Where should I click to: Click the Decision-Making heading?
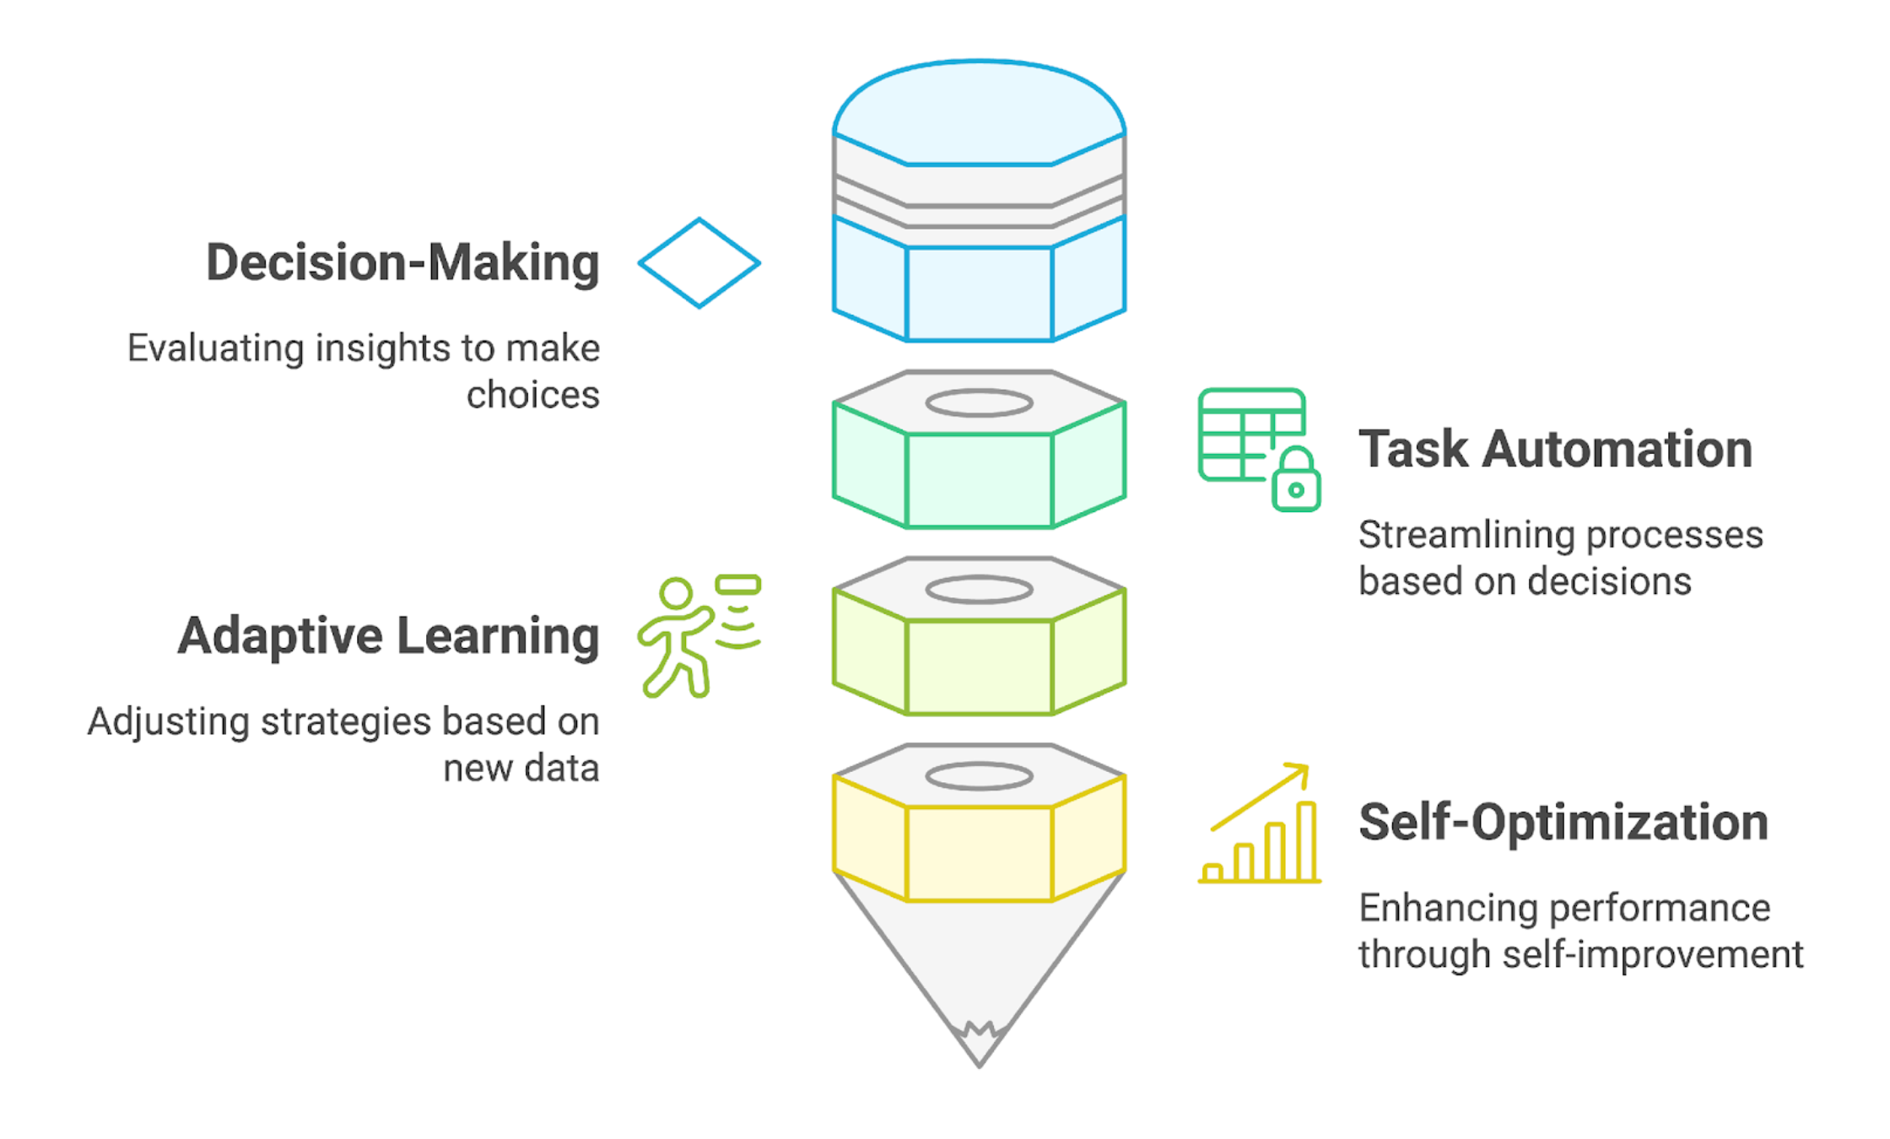point(402,262)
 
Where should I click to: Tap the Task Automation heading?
point(1555,449)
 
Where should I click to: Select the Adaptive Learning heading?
point(388,635)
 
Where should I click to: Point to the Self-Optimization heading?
point(1563,822)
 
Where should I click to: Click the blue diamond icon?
point(699,263)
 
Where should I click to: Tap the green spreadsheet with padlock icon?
point(1258,449)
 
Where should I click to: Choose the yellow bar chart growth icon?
point(1260,824)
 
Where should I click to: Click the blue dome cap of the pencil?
point(979,114)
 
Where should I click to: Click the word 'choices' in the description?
point(532,395)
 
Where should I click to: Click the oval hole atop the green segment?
point(979,403)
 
